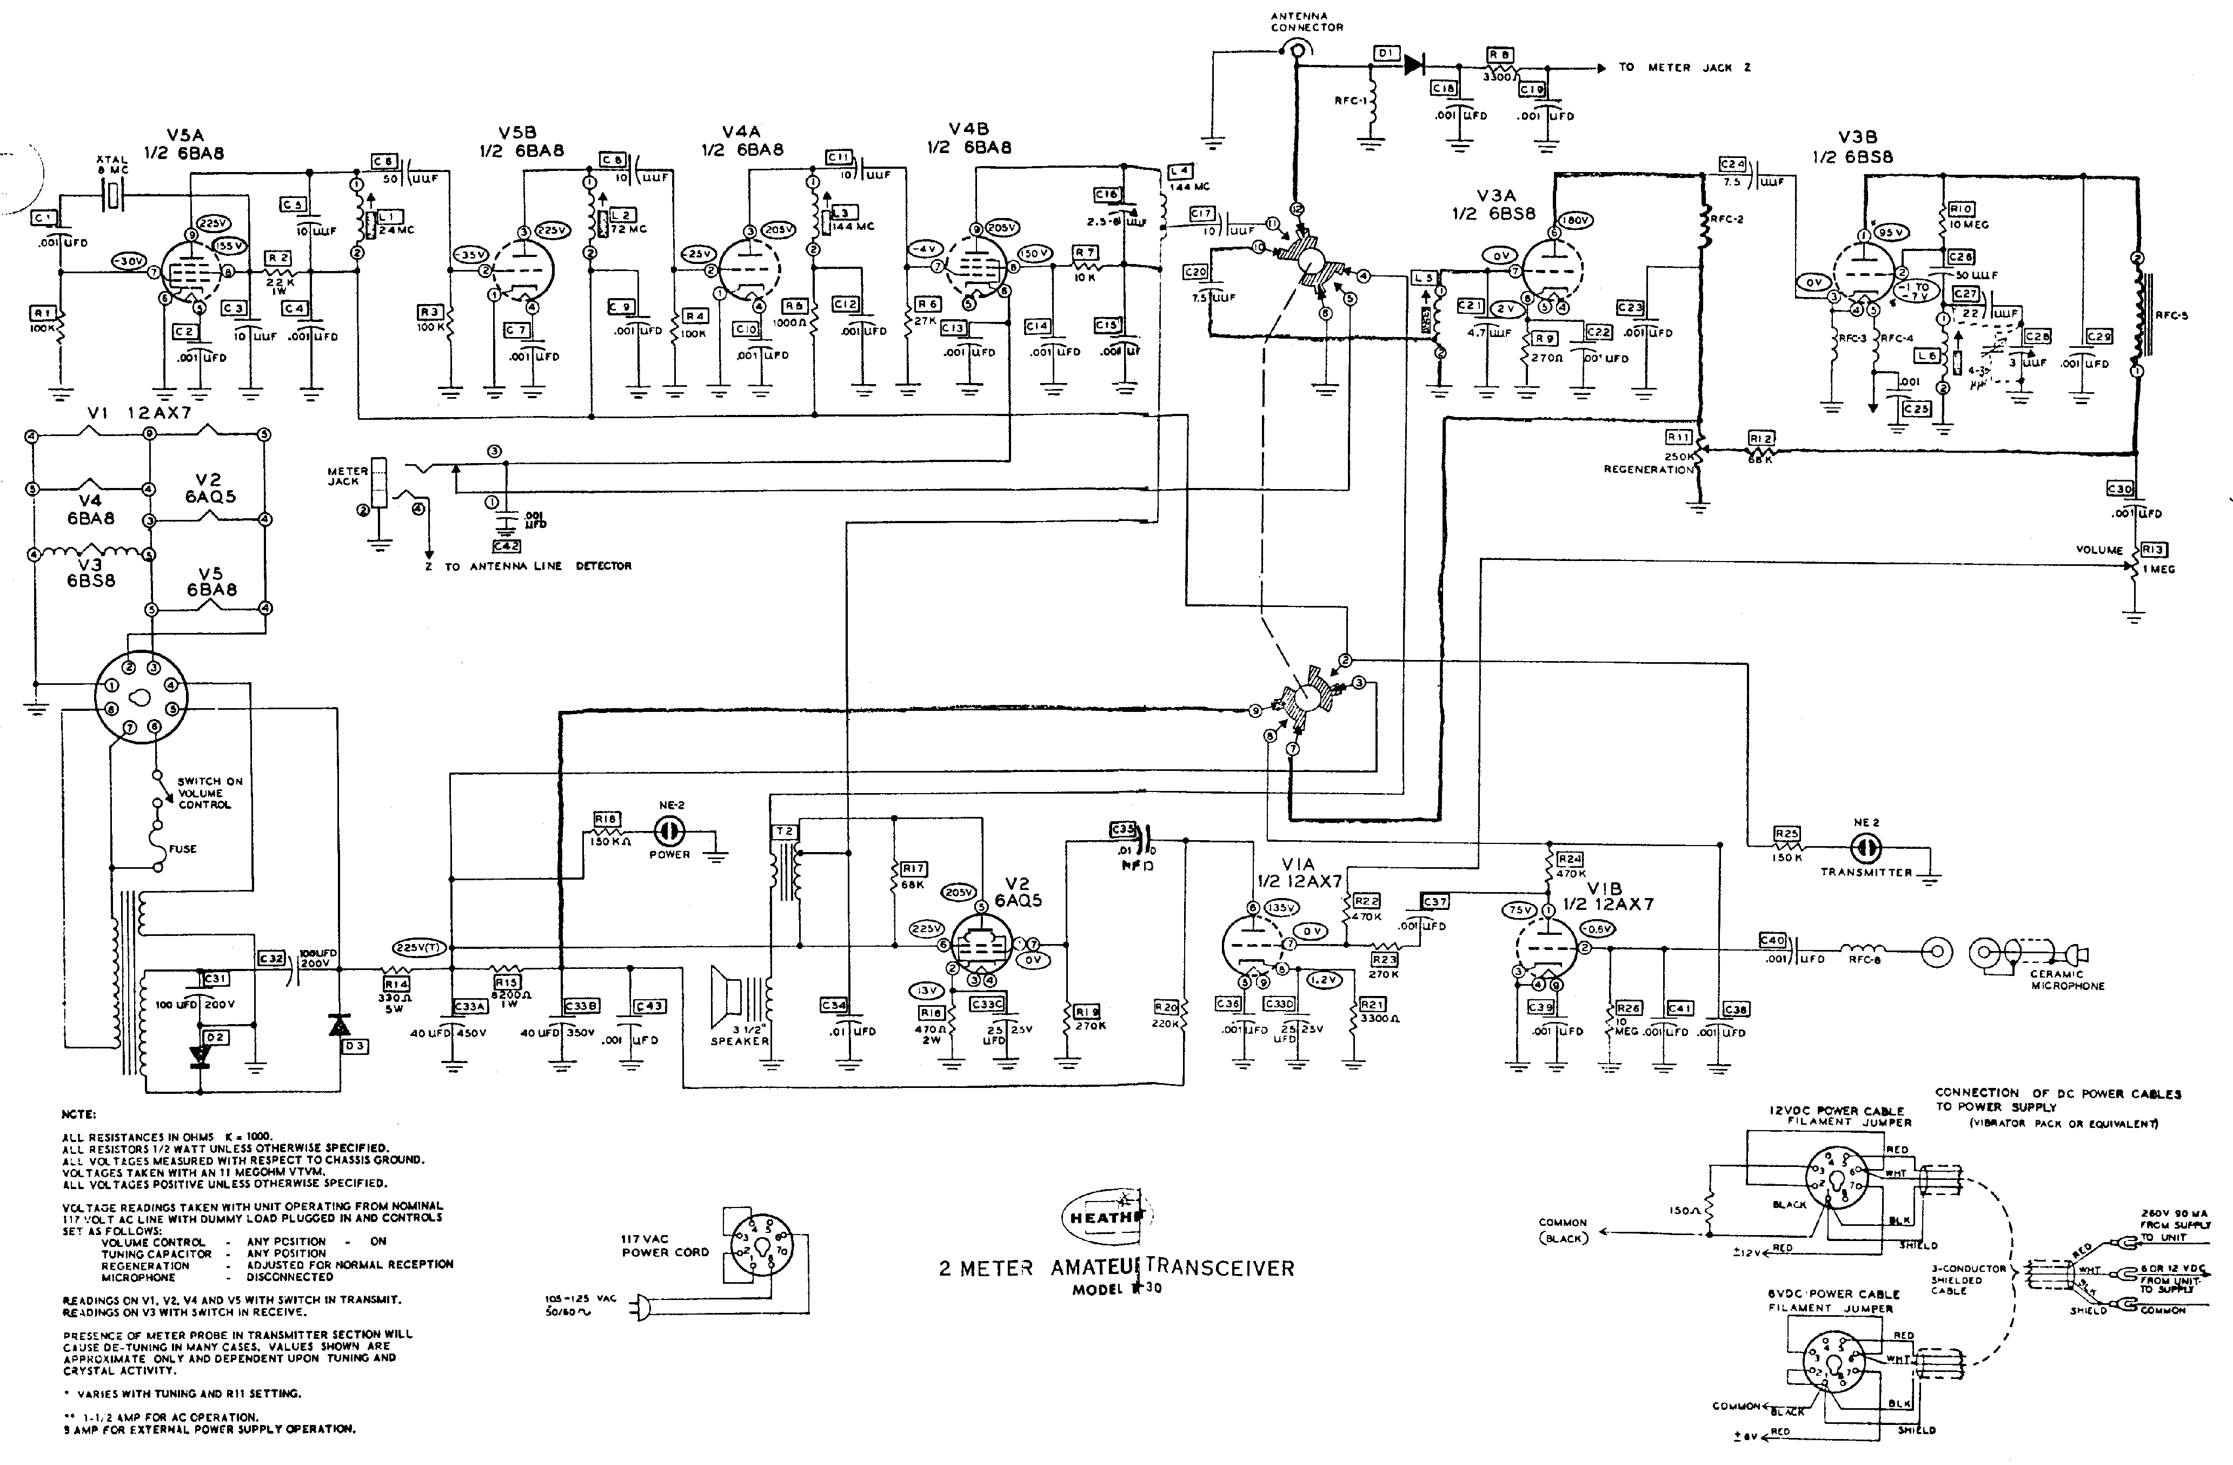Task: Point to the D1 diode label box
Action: pyautogui.click(x=1385, y=55)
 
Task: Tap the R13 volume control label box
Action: pyautogui.click(x=2153, y=550)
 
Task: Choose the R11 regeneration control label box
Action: pyautogui.click(x=1678, y=437)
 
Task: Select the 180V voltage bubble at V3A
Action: pyautogui.click(x=1576, y=221)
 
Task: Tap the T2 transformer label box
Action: pyautogui.click(x=785, y=832)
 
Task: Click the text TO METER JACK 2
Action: pyautogui.click(x=1684, y=68)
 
